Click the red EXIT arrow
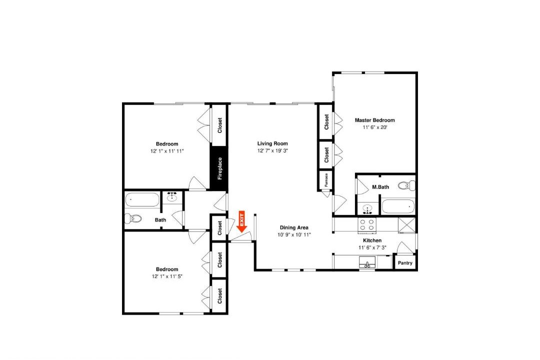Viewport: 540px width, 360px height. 242,221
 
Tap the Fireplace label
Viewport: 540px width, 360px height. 219,168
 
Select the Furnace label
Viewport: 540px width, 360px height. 326,179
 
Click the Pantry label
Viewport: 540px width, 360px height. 405,263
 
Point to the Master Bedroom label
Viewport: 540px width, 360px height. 374,120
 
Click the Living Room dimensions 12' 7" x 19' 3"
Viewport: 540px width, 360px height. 272,150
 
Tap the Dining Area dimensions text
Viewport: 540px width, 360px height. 294,234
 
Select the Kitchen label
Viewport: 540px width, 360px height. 372,240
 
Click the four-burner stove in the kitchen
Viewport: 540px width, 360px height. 367,224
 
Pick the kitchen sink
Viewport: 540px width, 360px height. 367,262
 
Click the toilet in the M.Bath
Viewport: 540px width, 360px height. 406,185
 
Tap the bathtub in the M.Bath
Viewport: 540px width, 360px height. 398,206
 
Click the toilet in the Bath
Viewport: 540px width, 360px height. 133,218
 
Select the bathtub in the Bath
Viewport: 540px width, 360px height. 142,199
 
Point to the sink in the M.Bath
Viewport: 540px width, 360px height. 368,209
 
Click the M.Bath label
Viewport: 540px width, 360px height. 380,187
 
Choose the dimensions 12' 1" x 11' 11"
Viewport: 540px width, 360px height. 167,151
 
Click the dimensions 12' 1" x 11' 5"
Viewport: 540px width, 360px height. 167,276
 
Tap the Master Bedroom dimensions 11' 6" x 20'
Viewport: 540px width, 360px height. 375,127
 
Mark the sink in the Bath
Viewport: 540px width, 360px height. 172,196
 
